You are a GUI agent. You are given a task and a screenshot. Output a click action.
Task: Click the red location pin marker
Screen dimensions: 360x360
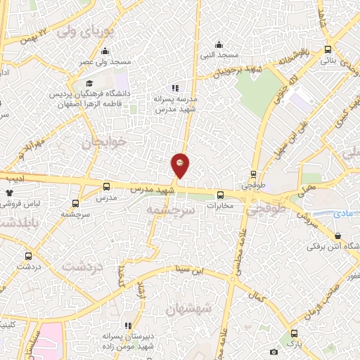tap(180, 165)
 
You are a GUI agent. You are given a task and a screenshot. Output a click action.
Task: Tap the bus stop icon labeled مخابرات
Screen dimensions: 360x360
tap(220, 195)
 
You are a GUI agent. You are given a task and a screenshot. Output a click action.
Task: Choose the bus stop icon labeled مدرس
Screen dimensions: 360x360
tap(107, 187)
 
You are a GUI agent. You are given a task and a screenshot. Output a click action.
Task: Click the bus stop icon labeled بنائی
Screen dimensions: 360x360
tap(328, 50)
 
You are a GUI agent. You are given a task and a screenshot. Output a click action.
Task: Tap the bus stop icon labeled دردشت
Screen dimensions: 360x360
tap(29, 257)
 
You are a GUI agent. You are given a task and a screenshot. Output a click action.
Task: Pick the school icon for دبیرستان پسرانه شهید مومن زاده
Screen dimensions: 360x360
tap(127, 326)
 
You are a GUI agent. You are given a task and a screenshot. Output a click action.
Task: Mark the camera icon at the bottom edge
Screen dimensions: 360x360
tap(274, 351)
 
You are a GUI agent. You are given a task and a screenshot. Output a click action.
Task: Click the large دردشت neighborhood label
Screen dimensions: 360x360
tap(82, 266)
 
